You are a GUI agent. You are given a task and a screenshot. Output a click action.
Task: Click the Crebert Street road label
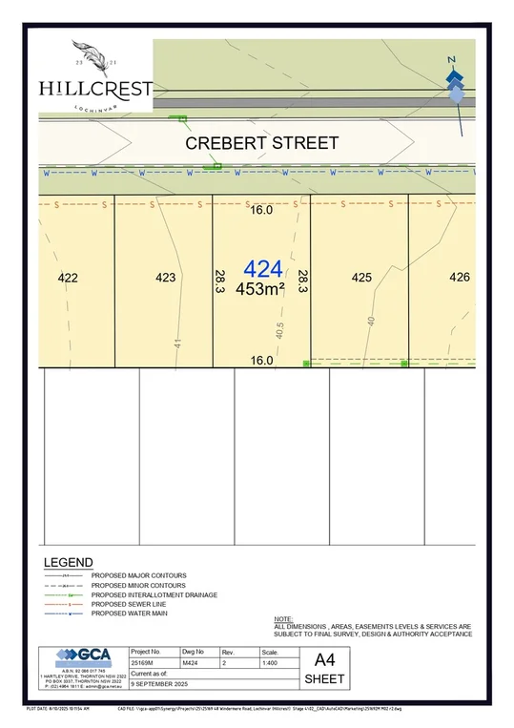(x=261, y=143)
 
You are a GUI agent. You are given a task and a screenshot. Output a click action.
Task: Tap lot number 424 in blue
(x=262, y=269)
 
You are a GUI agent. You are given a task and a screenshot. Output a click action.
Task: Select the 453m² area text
(x=260, y=289)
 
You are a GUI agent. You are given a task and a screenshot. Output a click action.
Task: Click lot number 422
(x=68, y=278)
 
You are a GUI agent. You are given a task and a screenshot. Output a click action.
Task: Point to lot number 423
(x=165, y=278)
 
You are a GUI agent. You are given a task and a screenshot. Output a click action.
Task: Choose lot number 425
(x=360, y=278)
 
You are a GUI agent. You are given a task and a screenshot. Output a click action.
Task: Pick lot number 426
(x=460, y=278)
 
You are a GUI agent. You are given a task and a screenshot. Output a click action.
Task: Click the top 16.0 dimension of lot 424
(x=261, y=210)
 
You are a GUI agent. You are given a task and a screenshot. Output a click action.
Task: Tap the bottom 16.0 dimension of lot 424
(x=261, y=361)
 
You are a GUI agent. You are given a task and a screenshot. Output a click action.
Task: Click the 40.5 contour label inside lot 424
(x=279, y=330)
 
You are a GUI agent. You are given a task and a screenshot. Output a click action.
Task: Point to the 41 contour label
(x=177, y=343)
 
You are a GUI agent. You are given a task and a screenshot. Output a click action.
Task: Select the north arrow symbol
(x=456, y=81)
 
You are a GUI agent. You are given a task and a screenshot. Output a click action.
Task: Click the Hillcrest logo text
(x=95, y=89)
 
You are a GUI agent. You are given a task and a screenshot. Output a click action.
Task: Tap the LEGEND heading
(x=69, y=562)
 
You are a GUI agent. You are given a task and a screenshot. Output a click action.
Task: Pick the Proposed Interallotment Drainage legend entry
(x=154, y=594)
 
